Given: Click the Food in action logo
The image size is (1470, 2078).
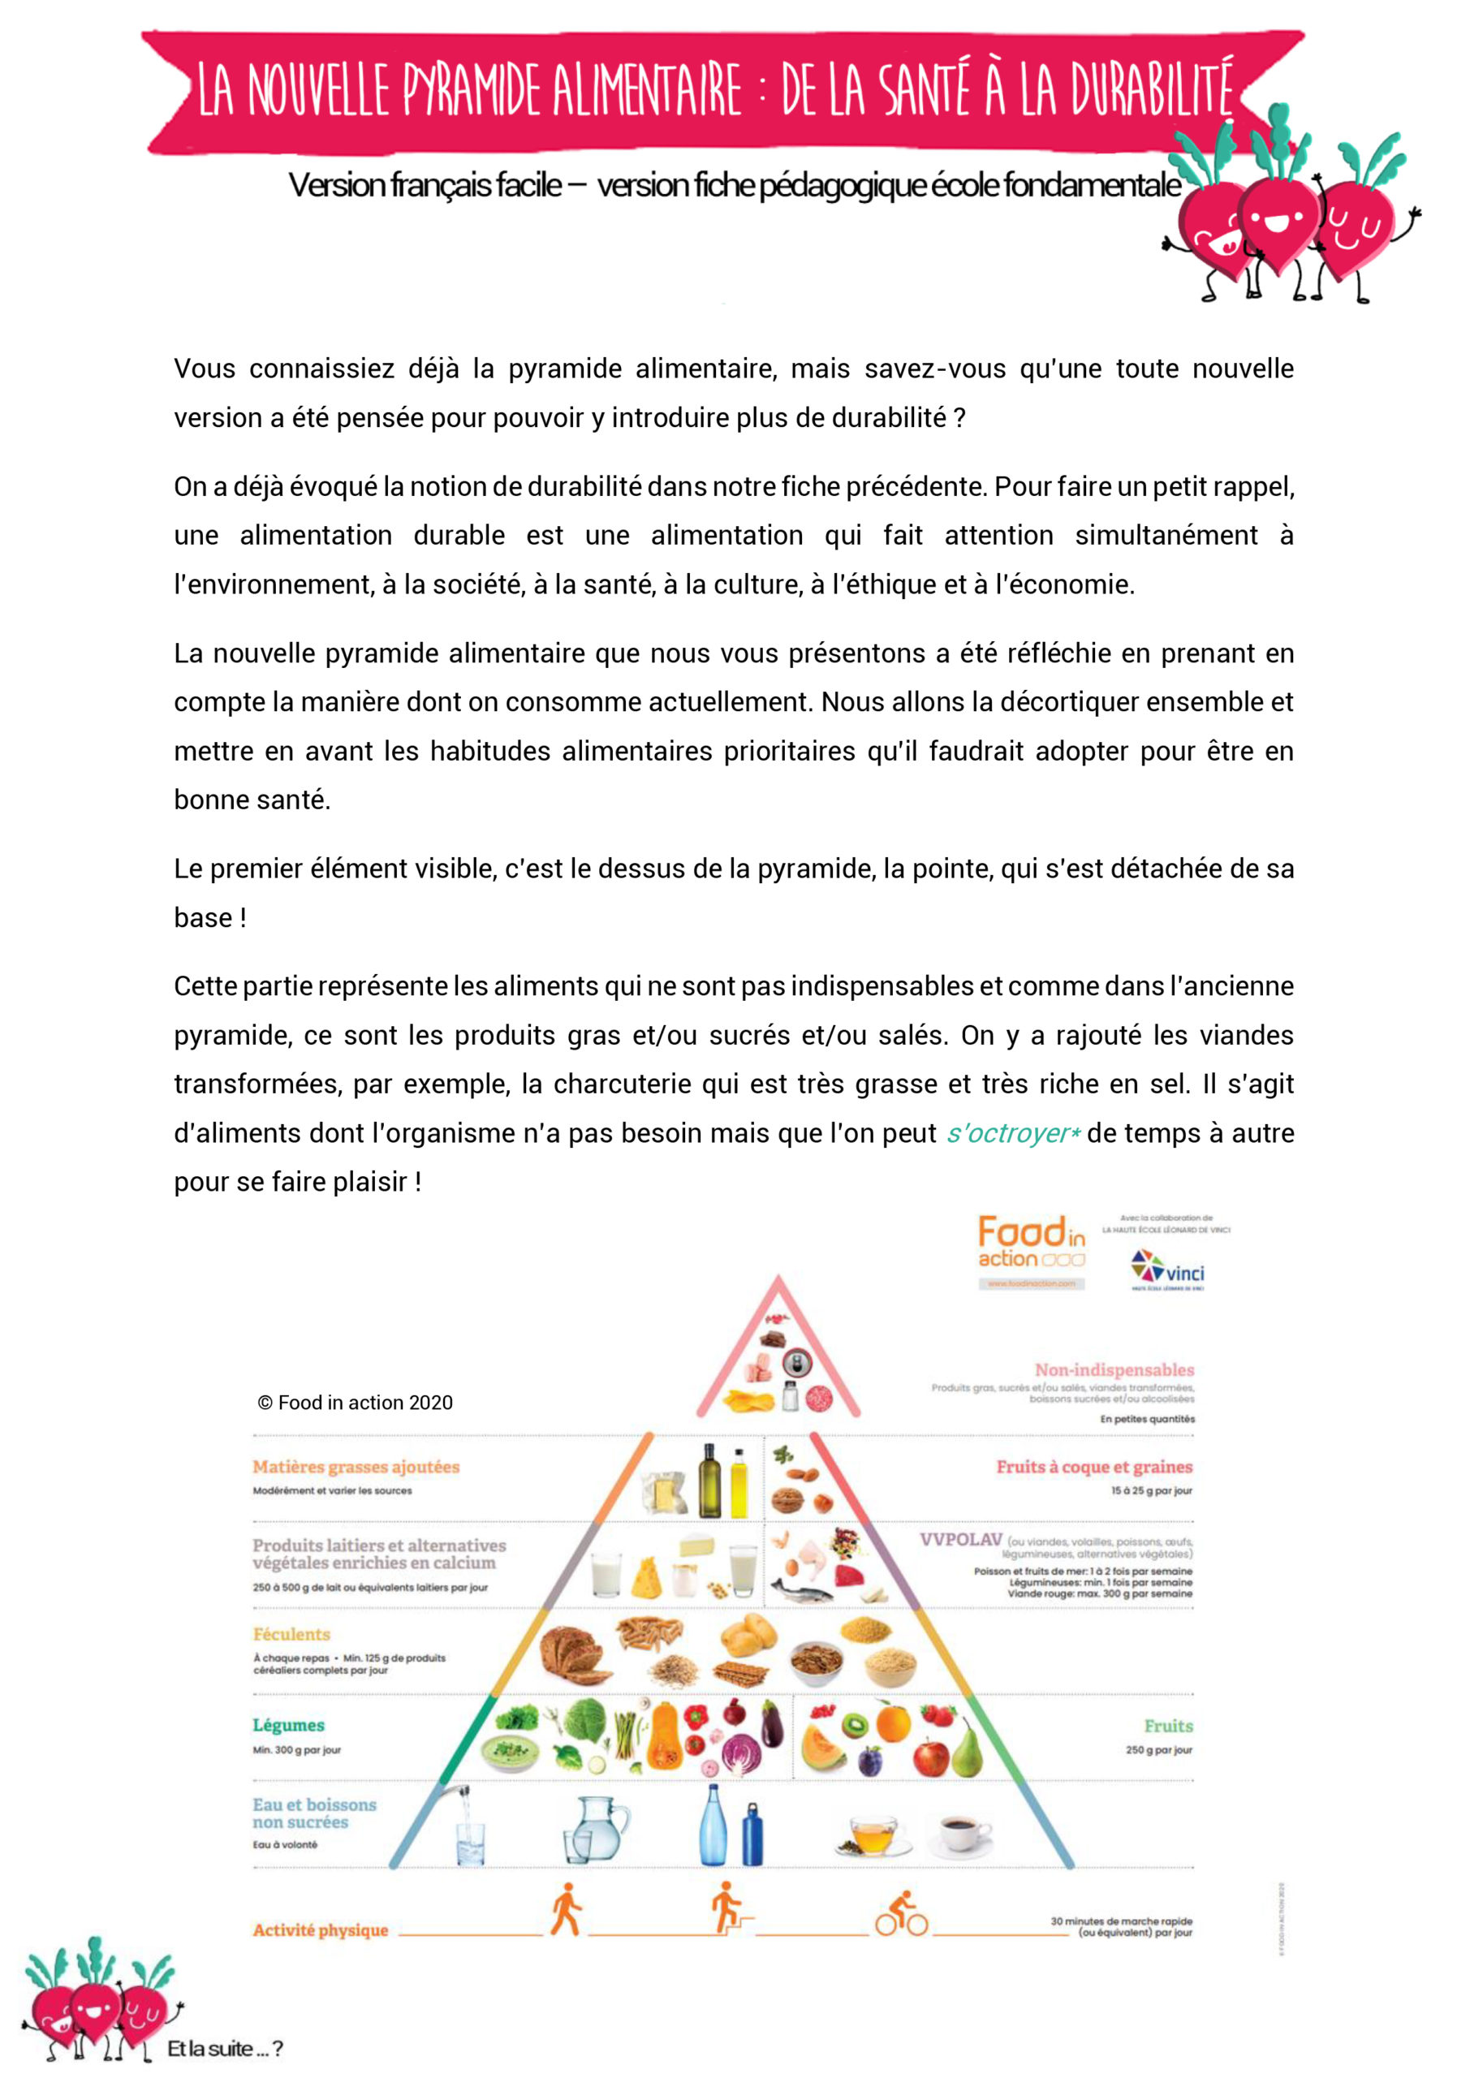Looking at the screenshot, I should coord(1031,1251).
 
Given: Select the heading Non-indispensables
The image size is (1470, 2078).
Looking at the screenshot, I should coord(1114,1370).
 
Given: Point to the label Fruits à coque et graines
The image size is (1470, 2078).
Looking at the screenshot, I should coord(1093,1467).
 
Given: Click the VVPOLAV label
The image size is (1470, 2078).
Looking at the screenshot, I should coord(960,1540).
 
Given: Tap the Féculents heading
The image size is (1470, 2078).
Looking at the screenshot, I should coord(291,1635).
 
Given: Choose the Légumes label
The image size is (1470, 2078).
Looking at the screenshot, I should coord(288,1726).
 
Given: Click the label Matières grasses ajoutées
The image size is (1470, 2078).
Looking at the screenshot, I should coord(356,1467).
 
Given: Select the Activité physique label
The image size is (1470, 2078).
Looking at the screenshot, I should coord(321,1930).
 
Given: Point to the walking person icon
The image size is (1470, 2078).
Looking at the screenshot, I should coord(566,1910).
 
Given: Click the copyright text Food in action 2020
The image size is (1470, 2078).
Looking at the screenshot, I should coord(355,1403).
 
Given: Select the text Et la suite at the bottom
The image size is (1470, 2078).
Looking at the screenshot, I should coord(225,2049).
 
